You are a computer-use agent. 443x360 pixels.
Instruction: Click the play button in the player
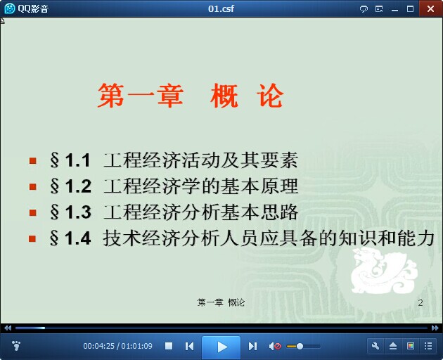(222, 347)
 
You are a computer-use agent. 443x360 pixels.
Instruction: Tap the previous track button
(189, 346)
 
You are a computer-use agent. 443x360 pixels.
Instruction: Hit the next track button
(252, 346)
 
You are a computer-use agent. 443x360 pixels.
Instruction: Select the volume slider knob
(300, 346)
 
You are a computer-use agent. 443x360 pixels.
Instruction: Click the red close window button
(430, 8)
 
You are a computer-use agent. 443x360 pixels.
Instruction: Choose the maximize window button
(410, 8)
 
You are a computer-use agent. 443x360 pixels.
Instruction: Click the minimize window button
(394, 10)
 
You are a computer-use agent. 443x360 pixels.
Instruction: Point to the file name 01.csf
(221, 8)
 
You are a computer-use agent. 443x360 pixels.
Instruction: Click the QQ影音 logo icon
(10, 8)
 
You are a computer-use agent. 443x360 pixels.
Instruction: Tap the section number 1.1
(77, 160)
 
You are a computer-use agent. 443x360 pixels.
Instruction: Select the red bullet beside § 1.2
(33, 186)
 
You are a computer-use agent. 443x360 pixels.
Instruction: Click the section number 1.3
(78, 212)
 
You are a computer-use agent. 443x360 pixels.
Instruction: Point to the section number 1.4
(77, 238)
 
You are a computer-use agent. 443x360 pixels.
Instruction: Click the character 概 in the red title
(224, 96)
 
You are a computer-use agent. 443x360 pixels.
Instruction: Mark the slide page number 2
(420, 302)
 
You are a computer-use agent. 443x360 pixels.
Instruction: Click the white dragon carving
(384, 271)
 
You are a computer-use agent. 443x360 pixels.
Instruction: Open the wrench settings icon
(375, 346)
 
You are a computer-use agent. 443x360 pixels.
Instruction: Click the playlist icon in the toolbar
(428, 346)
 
